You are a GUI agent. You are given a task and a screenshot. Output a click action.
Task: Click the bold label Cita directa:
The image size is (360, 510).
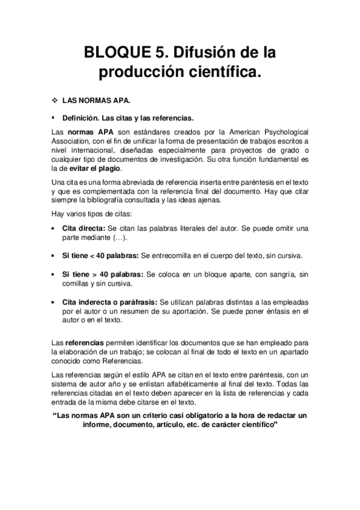(x=84, y=229)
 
